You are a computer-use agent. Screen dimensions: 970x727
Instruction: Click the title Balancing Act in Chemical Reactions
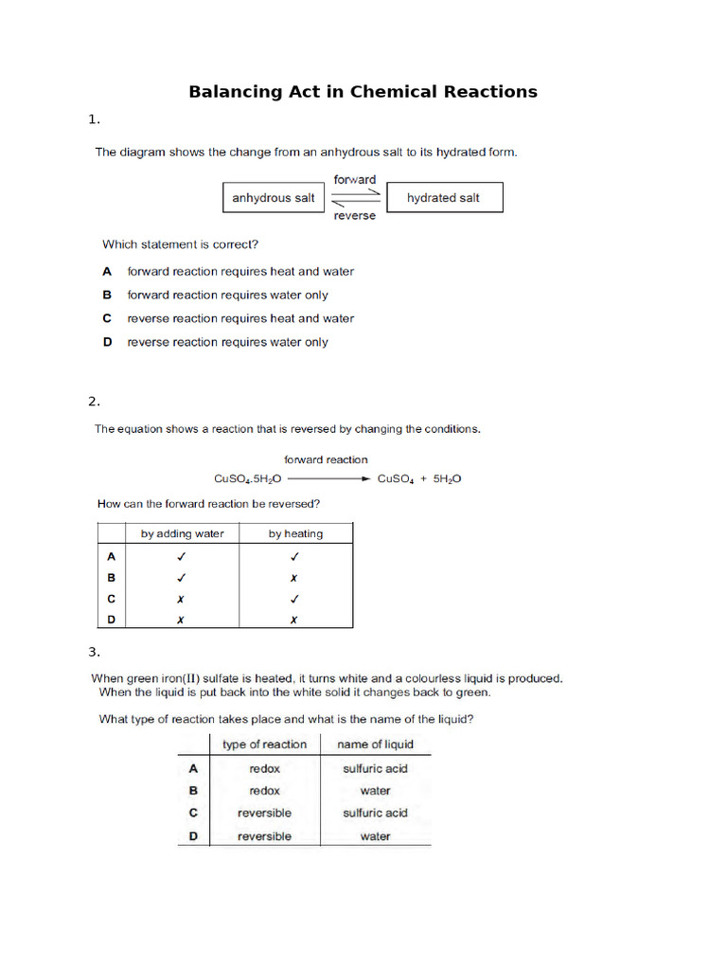(x=363, y=92)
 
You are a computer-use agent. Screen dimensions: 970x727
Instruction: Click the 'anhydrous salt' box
(x=274, y=198)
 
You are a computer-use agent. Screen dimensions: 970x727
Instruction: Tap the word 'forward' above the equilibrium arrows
(x=355, y=179)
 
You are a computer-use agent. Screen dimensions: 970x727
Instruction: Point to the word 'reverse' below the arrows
(x=355, y=216)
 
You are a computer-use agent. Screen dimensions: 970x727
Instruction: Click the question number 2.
(x=94, y=401)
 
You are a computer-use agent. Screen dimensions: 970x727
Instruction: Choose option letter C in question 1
(x=108, y=318)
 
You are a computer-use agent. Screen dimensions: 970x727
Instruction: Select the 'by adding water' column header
(x=183, y=533)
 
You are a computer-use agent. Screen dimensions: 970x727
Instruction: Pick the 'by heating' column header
(x=295, y=533)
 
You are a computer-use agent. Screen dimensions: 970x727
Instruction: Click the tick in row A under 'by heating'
(x=295, y=557)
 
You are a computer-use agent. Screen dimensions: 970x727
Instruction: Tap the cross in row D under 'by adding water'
(x=182, y=620)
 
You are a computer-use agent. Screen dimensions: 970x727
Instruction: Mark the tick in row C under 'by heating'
(x=295, y=599)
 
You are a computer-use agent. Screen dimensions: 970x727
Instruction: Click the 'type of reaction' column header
(x=264, y=745)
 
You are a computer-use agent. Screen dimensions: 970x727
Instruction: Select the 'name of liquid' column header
(x=376, y=745)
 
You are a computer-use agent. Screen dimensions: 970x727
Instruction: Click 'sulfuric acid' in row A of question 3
(x=375, y=768)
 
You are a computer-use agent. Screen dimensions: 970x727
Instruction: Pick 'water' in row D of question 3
(x=375, y=836)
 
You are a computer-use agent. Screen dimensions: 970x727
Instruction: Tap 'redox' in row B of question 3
(x=264, y=790)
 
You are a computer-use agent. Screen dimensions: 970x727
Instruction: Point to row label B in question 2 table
(x=112, y=578)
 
